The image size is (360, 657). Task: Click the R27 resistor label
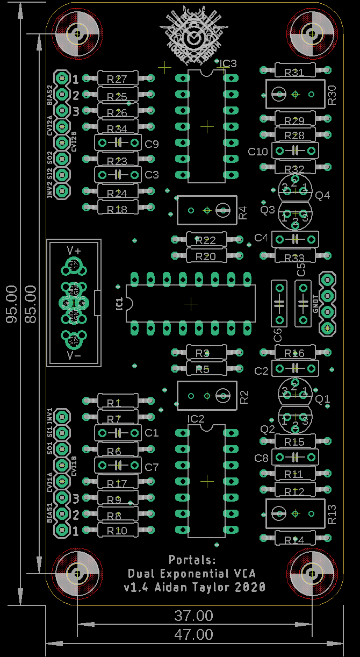tap(117, 79)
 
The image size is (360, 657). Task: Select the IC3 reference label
tap(228, 64)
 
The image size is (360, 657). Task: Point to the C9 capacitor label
tap(152, 144)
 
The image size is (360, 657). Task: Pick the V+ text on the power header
tap(74, 251)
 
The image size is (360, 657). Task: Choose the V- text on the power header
tap(74, 355)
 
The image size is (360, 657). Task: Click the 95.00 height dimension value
tap(11, 304)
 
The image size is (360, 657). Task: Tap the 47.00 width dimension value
tap(193, 635)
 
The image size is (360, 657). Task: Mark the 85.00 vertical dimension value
tap(31, 304)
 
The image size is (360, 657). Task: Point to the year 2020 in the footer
tap(250, 587)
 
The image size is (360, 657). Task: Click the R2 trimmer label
tap(244, 397)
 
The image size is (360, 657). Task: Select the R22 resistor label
tap(206, 241)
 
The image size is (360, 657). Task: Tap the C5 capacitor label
tap(301, 269)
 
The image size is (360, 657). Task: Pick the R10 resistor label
tap(117, 531)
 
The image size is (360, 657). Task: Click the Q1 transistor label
tap(322, 399)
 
